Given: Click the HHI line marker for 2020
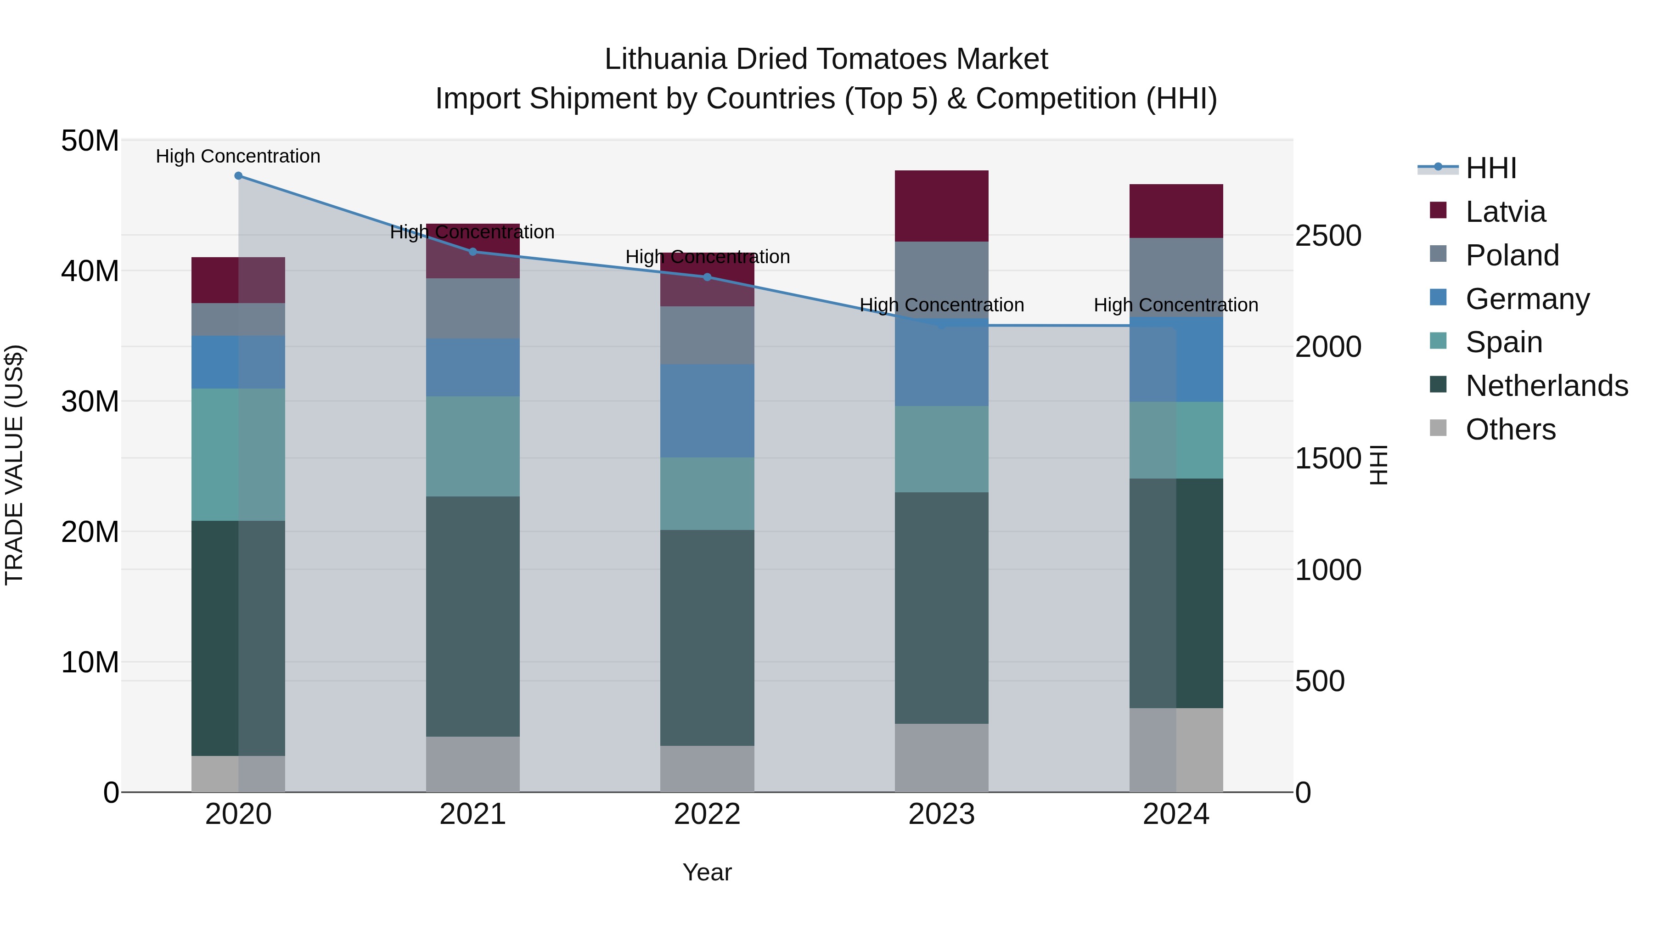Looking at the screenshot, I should [x=238, y=176].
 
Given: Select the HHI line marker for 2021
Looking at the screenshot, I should [x=473, y=252].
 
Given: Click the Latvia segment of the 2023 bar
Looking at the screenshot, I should [x=941, y=206].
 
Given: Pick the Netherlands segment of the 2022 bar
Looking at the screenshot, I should [x=707, y=637].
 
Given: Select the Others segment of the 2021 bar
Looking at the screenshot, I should [x=473, y=764].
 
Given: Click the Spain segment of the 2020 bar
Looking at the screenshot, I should [x=238, y=454].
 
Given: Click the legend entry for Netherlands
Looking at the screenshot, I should [x=1546, y=386].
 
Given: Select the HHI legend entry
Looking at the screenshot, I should [x=1490, y=168].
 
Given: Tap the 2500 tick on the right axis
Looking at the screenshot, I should [x=1327, y=236].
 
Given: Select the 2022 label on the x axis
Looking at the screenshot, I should [x=707, y=814].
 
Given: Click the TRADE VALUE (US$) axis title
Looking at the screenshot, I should [x=14, y=465].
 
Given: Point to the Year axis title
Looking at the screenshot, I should [x=707, y=872].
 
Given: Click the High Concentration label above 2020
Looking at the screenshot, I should [x=238, y=156].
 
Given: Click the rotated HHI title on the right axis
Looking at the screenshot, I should [x=1377, y=465].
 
